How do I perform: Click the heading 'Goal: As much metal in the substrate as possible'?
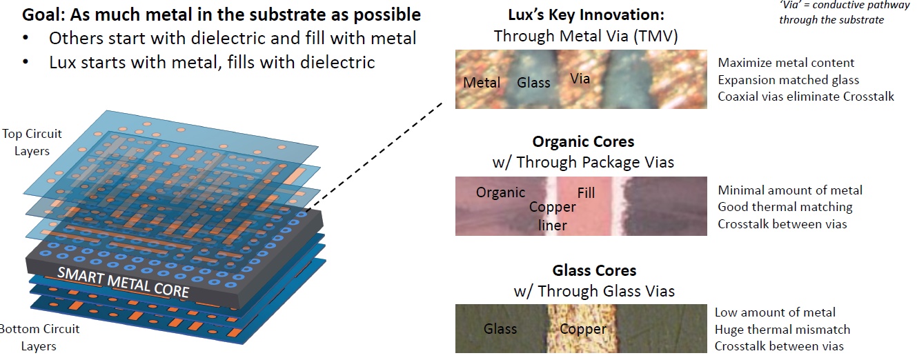click(221, 14)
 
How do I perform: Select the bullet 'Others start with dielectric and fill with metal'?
click(232, 38)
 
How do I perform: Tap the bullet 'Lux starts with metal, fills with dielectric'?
click(211, 62)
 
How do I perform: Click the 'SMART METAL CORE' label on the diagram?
click(123, 281)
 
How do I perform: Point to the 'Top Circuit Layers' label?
click(32, 141)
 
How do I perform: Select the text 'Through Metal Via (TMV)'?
click(586, 36)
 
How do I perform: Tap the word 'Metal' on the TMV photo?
click(482, 82)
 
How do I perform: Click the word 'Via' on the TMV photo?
click(580, 79)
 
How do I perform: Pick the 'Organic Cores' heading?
click(583, 141)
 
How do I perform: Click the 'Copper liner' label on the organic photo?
click(552, 216)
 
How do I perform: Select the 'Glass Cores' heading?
click(594, 270)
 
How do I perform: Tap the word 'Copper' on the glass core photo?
click(582, 329)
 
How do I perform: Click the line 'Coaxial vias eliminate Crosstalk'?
click(805, 97)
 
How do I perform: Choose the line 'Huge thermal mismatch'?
click(782, 329)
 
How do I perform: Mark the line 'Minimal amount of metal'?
click(790, 190)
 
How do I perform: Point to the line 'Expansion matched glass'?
click(788, 80)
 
